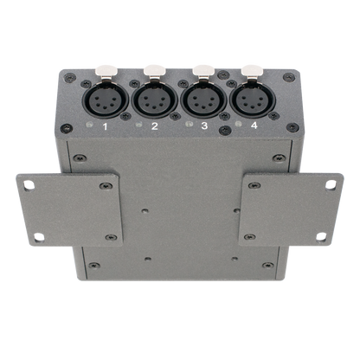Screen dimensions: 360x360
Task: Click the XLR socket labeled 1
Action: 106,100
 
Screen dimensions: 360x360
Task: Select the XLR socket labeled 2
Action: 155,100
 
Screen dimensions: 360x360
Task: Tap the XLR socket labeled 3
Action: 203,100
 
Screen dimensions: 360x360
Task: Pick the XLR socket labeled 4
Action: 253,100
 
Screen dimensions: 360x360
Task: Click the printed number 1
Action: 106,126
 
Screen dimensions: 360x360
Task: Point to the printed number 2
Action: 155,126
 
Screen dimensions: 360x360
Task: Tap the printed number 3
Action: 204,125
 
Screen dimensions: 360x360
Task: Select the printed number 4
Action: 254,125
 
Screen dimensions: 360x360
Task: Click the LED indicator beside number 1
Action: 89,125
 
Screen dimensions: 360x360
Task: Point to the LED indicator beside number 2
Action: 139,125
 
